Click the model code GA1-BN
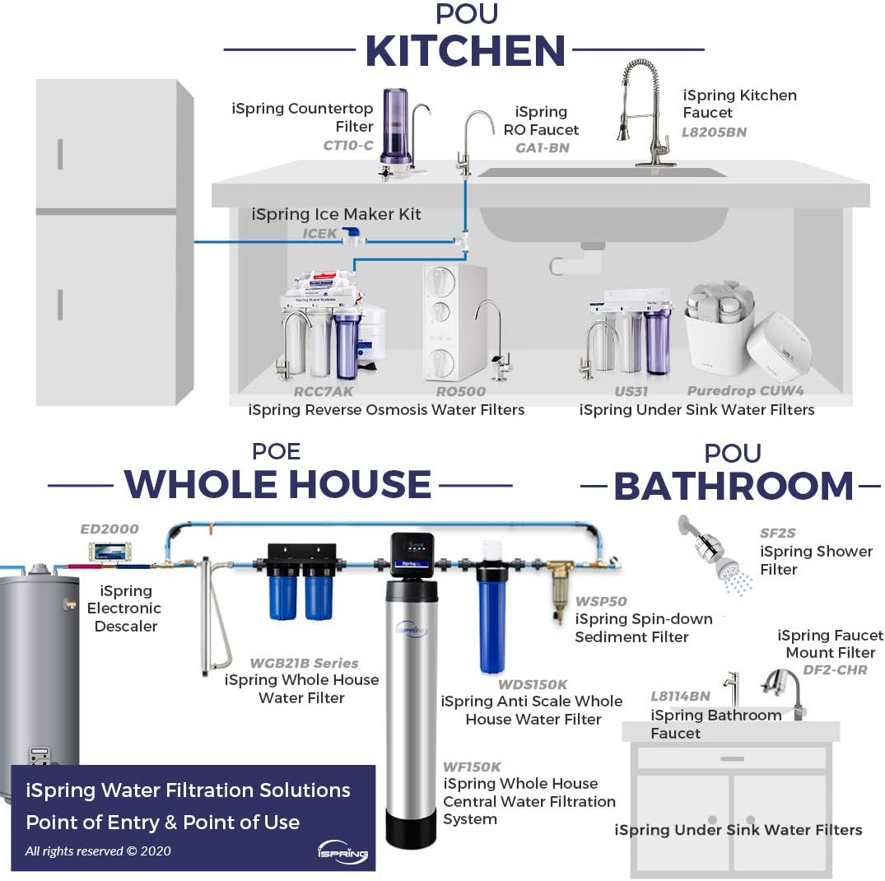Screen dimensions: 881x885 coord(543,148)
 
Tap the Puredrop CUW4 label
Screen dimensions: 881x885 coord(745,391)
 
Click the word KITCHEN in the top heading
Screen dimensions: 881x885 coord(465,51)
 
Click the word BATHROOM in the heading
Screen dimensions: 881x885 coord(734,486)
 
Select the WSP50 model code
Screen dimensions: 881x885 coord(601,601)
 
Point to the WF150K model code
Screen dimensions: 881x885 coord(471,767)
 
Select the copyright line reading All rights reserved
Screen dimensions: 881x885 coord(98,851)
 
